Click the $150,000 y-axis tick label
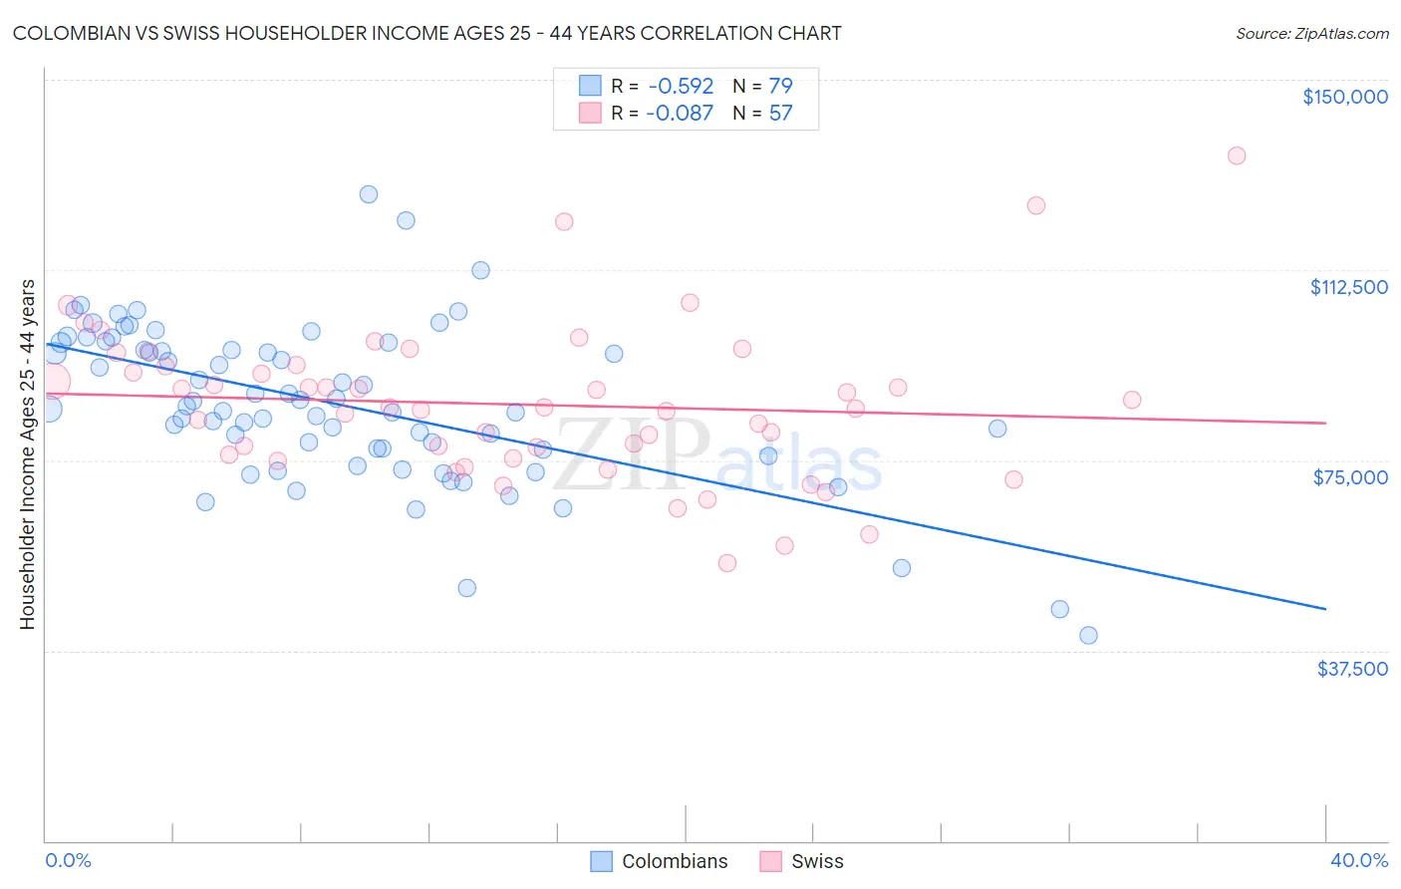pyautogui.click(x=1345, y=97)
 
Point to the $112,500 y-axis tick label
pyautogui.click(x=1348, y=287)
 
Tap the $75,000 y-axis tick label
pyautogui.click(x=1350, y=477)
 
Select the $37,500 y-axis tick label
pyautogui.click(x=1352, y=669)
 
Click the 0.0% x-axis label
pyautogui.click(x=68, y=860)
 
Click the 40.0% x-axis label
pyautogui.click(x=1358, y=860)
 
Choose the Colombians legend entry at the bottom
pyautogui.click(x=659, y=861)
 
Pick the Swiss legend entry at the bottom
pyautogui.click(x=801, y=861)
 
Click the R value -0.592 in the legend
pyautogui.click(x=681, y=86)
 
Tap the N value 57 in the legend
pyautogui.click(x=780, y=113)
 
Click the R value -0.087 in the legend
pyautogui.click(x=680, y=113)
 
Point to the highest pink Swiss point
pyautogui.click(x=1237, y=155)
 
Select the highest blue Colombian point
pyautogui.click(x=369, y=194)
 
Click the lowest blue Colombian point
pyautogui.click(x=1088, y=635)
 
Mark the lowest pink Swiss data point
pyautogui.click(x=727, y=563)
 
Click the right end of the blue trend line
pyautogui.click(x=1325, y=608)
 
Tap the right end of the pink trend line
pyautogui.click(x=1325, y=424)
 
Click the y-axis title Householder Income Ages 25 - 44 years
pyautogui.click(x=28, y=454)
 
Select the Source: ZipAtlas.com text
pyautogui.click(x=1311, y=34)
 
